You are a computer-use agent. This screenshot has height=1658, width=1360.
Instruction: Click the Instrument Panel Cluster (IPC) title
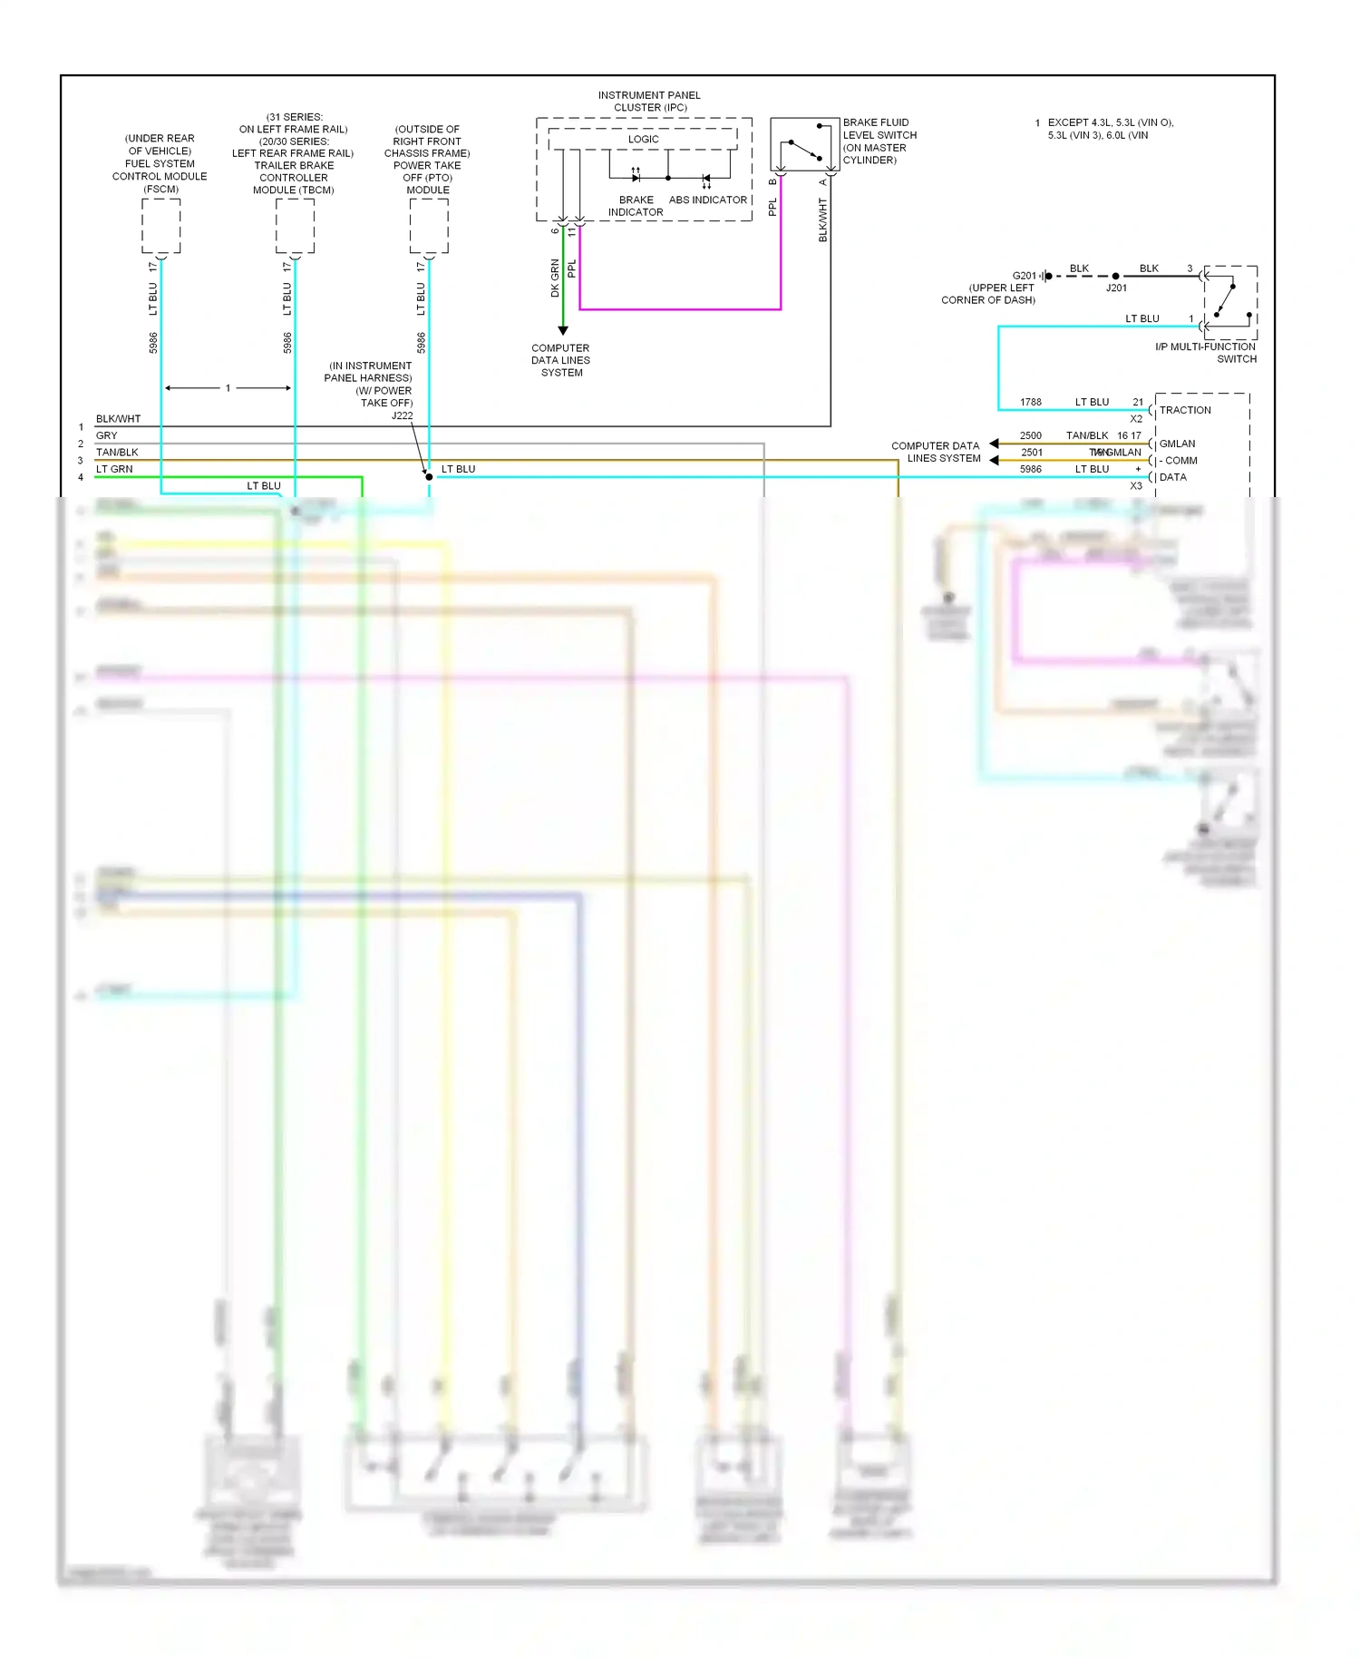[649, 101]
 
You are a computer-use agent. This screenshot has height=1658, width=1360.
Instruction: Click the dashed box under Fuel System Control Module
[161, 226]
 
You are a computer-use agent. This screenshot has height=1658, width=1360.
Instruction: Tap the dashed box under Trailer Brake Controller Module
[295, 226]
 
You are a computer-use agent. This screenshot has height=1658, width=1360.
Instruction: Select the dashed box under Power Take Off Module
[429, 226]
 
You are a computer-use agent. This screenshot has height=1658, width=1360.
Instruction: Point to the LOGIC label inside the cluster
[643, 139]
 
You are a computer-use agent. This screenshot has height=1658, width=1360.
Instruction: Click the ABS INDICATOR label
[708, 200]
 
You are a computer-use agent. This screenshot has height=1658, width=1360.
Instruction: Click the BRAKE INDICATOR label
[636, 206]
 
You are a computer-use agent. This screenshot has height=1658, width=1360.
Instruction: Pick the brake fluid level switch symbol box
[804, 144]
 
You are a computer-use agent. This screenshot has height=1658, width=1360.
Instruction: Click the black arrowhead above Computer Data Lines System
[562, 330]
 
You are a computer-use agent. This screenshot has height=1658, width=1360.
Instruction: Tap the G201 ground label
[1024, 276]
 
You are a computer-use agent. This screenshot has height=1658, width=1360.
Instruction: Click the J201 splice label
[1116, 288]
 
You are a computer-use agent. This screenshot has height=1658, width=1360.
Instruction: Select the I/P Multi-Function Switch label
[1206, 353]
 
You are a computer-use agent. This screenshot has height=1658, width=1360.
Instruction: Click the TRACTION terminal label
[1185, 410]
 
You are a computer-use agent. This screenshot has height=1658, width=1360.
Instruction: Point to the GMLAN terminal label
[1177, 444]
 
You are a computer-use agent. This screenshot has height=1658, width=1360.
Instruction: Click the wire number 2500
[1031, 435]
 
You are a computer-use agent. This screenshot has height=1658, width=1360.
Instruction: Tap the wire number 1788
[1031, 402]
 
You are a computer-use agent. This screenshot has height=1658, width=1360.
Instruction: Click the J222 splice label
[402, 415]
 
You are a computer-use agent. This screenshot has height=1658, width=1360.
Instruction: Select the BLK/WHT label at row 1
[118, 419]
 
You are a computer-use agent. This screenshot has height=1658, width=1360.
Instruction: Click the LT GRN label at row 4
[114, 469]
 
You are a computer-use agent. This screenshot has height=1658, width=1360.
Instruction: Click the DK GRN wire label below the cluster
[555, 278]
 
